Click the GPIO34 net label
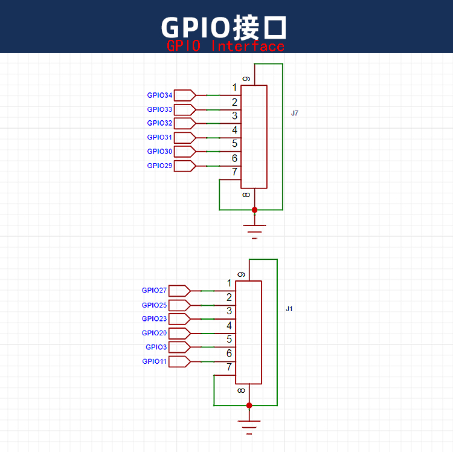[159, 95]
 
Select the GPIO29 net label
[159, 166]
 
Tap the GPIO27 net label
[154, 290]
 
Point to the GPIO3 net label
[156, 347]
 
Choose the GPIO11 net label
[154, 361]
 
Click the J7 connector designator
[294, 113]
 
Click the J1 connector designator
[289, 309]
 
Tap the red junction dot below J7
[254, 210]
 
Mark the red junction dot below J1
[249, 405]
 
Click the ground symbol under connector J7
[254, 232]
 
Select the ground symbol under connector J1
[249, 427]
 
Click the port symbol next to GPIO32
[185, 123]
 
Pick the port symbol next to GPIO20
[179, 333]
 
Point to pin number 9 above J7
[246, 79]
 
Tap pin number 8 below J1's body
[241, 391]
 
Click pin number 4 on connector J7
[234, 130]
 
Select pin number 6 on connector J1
[229, 353]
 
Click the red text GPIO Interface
[225, 47]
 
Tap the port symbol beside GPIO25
[179, 305]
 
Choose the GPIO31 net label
[159, 137]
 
